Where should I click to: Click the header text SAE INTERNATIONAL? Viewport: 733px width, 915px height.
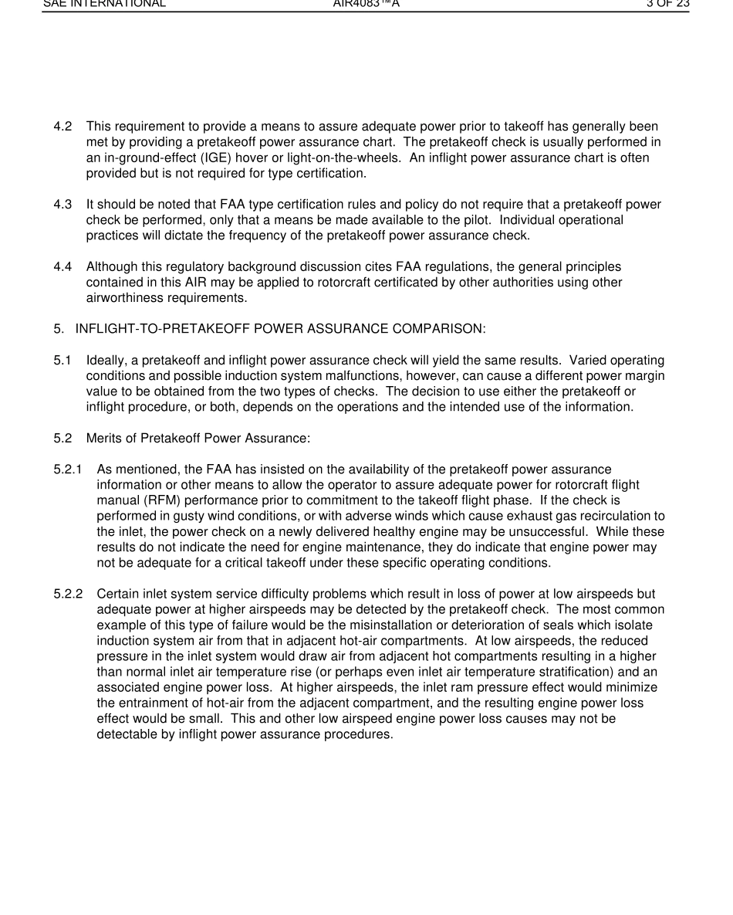pyautogui.click(x=103, y=4)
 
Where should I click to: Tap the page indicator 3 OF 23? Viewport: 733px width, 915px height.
pyautogui.click(x=667, y=4)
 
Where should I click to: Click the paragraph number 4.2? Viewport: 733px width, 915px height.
pyautogui.click(x=62, y=126)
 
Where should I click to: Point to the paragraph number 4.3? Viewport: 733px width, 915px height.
pyautogui.click(x=62, y=205)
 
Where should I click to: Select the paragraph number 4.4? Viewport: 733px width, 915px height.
pyautogui.click(x=62, y=267)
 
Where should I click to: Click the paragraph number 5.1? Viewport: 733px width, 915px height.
pyautogui.click(x=62, y=361)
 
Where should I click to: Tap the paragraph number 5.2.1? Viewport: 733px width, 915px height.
pyautogui.click(x=68, y=469)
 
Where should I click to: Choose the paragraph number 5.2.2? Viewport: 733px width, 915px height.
pyautogui.click(x=68, y=594)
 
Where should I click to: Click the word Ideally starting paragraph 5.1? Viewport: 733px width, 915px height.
pyautogui.click(x=106, y=361)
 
